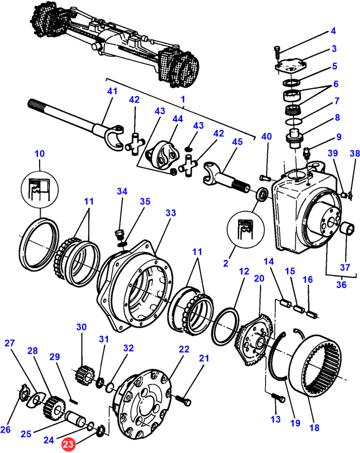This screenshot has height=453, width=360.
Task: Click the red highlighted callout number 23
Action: click(x=68, y=445)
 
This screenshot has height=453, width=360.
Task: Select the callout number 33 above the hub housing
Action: click(x=171, y=213)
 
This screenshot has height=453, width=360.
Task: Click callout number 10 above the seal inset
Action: click(x=39, y=153)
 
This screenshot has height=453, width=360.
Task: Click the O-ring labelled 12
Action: click(x=225, y=325)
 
